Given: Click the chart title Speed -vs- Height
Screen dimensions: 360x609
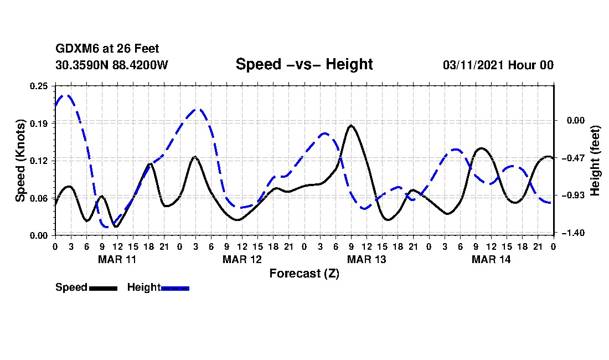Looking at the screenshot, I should [x=304, y=64].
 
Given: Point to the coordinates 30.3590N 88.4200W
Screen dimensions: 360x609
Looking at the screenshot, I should [x=111, y=65].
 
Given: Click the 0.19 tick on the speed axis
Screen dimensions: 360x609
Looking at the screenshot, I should [x=39, y=123].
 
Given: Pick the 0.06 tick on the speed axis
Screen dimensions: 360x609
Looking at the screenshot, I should [x=39, y=198].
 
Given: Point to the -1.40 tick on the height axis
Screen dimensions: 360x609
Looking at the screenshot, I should [x=572, y=233].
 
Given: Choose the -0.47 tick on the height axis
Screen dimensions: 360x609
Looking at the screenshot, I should [x=572, y=158].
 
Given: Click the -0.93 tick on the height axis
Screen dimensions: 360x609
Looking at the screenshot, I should [x=572, y=196].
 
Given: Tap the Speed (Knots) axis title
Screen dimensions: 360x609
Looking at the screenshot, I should [x=20, y=160].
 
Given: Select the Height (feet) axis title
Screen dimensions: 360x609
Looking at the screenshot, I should [x=596, y=160].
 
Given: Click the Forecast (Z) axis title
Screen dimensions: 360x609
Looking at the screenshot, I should [x=304, y=274].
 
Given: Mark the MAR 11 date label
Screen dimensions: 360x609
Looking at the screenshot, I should [x=117, y=259].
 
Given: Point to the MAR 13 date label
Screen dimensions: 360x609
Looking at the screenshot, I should [x=366, y=259].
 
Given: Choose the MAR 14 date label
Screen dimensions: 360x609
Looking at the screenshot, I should [x=491, y=259].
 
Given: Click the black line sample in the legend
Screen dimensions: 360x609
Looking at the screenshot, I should [x=103, y=288].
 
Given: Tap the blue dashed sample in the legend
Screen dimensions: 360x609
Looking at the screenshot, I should [x=175, y=288].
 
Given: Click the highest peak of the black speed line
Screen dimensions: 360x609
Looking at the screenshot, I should [x=351, y=126].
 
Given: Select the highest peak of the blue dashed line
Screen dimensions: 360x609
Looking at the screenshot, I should [x=66, y=95].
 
